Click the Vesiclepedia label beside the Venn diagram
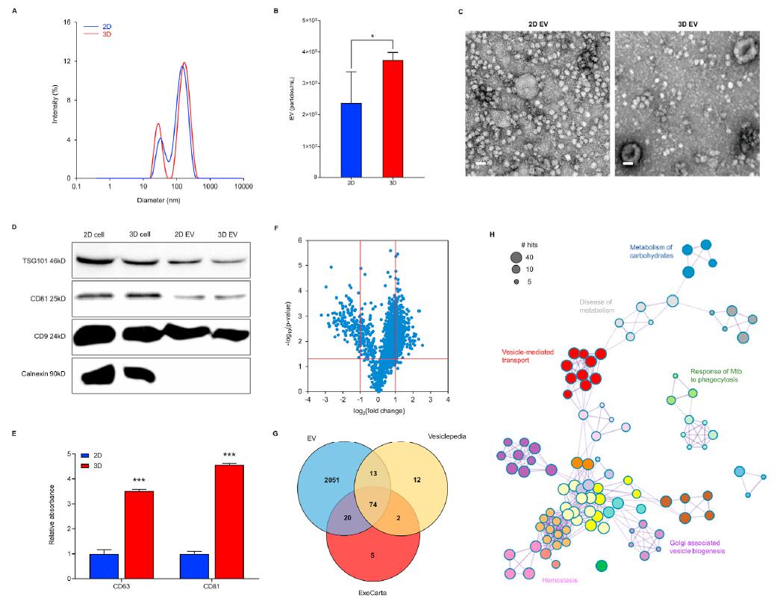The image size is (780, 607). pos(447,436)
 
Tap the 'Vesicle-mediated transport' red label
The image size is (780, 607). pos(526,355)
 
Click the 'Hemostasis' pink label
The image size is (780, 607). pos(560,579)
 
